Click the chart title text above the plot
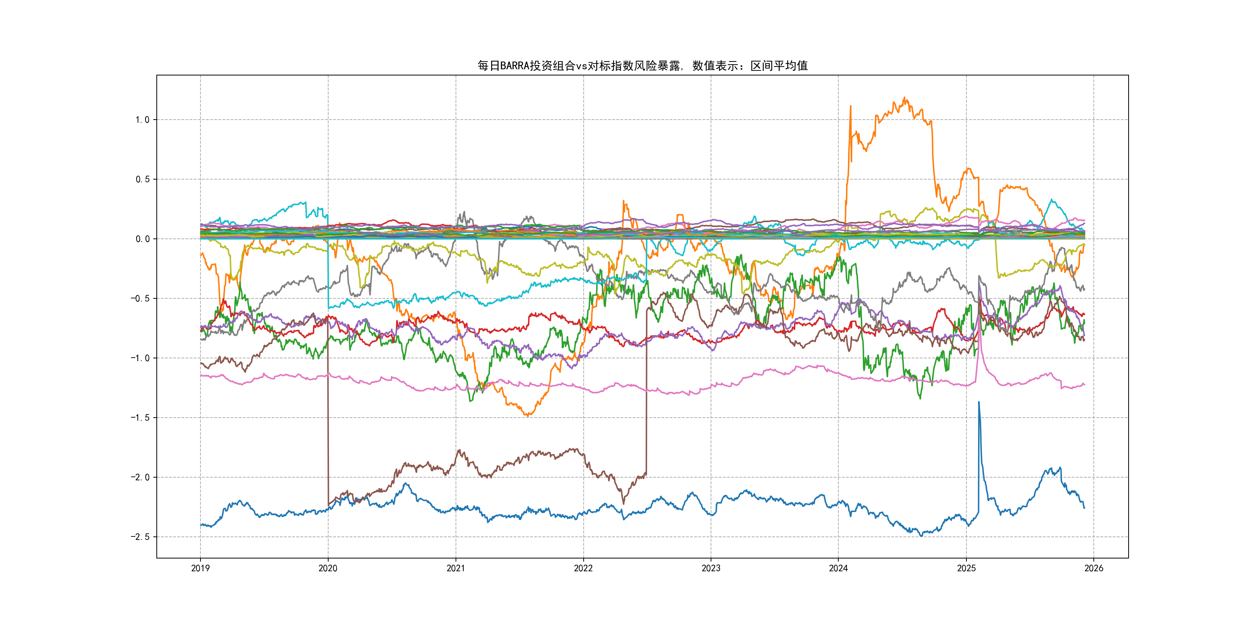click(x=642, y=66)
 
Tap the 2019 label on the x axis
click(x=200, y=568)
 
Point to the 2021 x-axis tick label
click(x=456, y=568)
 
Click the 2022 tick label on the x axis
click(x=583, y=568)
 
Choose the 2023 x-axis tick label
click(x=711, y=568)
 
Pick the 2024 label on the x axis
click(x=838, y=568)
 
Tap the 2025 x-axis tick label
click(x=966, y=568)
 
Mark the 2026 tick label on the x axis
click(x=1094, y=568)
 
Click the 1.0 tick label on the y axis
click(x=143, y=120)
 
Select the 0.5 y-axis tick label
click(x=143, y=179)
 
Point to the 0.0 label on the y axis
click(x=143, y=239)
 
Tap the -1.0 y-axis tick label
click(x=140, y=358)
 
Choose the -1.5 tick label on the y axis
click(x=140, y=418)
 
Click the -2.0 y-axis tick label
click(x=140, y=478)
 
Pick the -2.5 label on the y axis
click(x=140, y=537)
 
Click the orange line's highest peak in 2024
click(x=905, y=98)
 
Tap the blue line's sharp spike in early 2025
click(x=979, y=402)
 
